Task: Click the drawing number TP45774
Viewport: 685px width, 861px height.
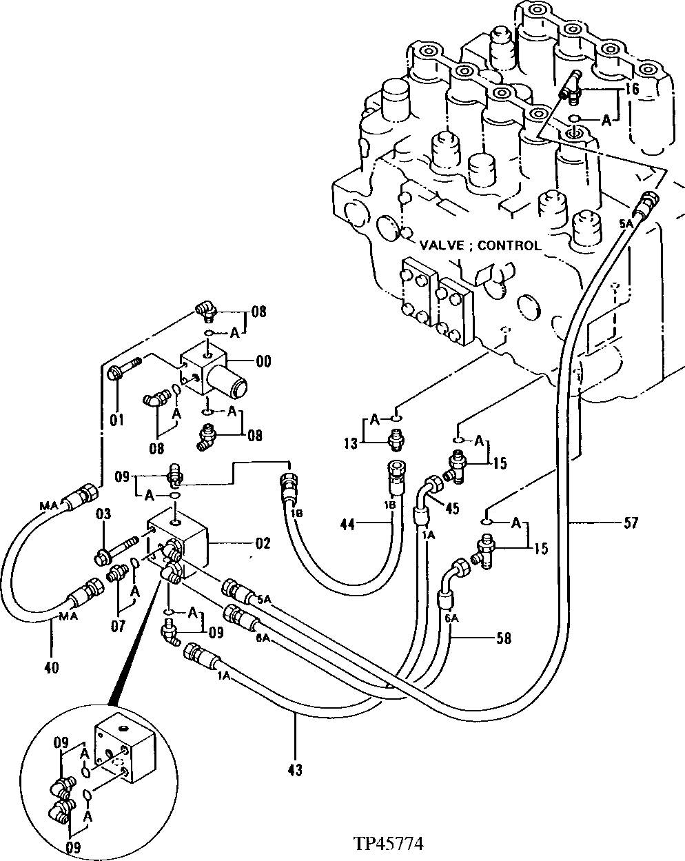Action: click(388, 844)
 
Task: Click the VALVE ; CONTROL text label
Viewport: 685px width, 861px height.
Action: click(481, 245)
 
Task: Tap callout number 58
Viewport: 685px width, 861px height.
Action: click(503, 638)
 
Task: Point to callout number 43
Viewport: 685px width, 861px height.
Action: click(296, 769)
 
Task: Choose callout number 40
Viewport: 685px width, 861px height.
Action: click(51, 667)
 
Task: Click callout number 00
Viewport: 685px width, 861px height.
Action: click(263, 361)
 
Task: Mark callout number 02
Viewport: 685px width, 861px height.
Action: click(263, 543)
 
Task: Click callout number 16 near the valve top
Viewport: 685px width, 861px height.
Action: click(633, 89)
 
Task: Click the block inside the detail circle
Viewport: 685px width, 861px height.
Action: click(126, 750)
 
